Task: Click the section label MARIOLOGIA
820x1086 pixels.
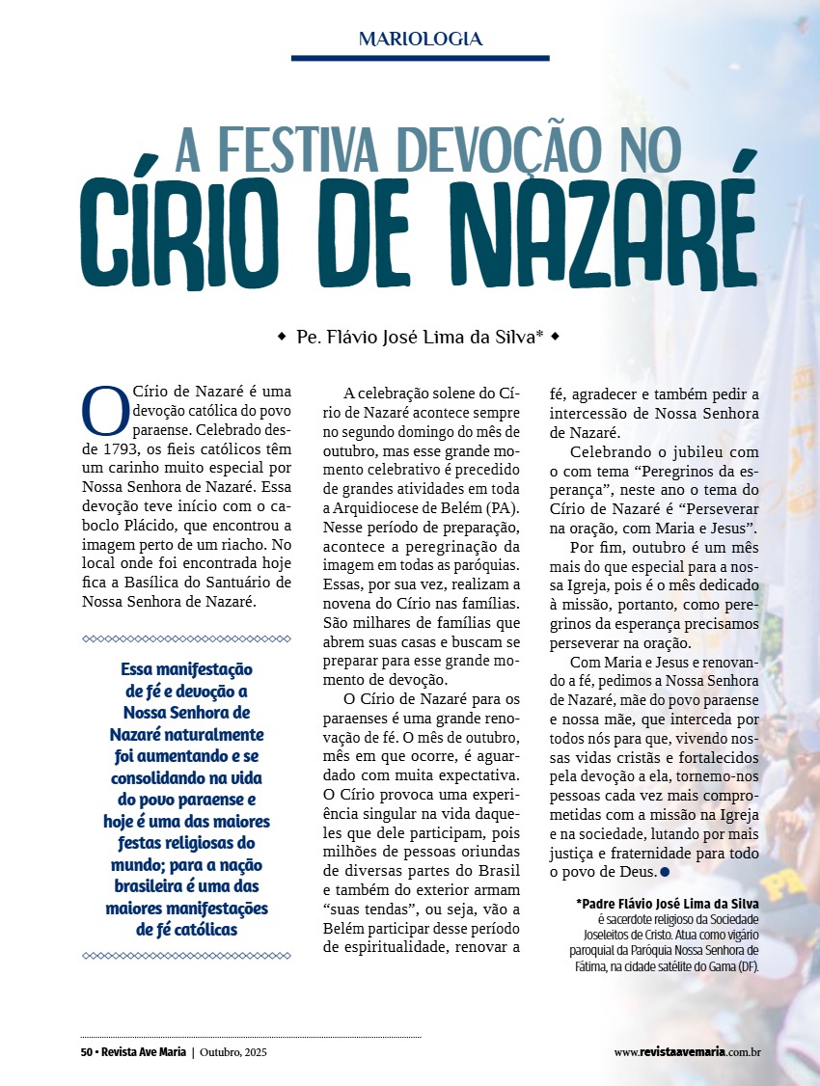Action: click(420, 40)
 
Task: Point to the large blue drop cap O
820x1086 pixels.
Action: click(103, 410)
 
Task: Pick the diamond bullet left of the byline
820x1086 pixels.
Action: click(282, 337)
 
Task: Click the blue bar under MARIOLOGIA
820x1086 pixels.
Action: click(420, 58)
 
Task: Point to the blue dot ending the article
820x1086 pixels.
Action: click(665, 872)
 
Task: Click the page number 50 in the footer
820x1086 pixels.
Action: click(86, 1052)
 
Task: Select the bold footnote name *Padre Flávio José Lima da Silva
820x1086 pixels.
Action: click(667, 904)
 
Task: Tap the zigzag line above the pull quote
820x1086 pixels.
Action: click(186, 638)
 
